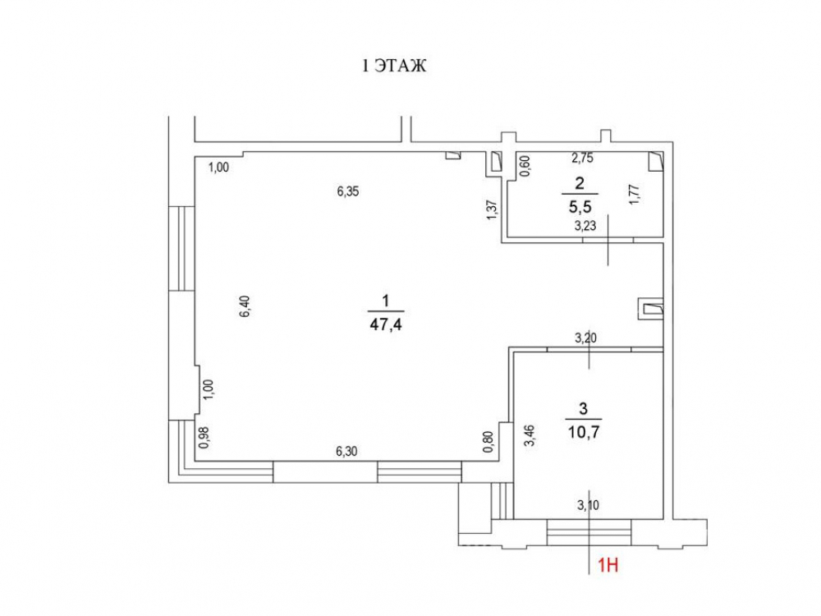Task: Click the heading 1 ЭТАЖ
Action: tap(395, 66)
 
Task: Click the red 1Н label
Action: tap(608, 565)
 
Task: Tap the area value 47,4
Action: tap(386, 324)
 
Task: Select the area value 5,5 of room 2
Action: tap(580, 207)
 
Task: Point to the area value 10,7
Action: tap(584, 432)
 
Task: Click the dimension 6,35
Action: tap(348, 191)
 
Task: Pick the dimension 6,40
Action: tap(245, 306)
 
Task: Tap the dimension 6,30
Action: tap(346, 451)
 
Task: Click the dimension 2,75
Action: tap(582, 159)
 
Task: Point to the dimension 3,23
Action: tap(585, 227)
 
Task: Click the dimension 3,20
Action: tap(586, 338)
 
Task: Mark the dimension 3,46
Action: tap(530, 435)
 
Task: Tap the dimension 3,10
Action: tap(588, 505)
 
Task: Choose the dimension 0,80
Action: tap(488, 442)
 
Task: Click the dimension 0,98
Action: tap(204, 437)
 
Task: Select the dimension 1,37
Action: tap(492, 210)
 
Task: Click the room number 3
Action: tap(584, 408)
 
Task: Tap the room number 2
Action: tap(580, 183)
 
